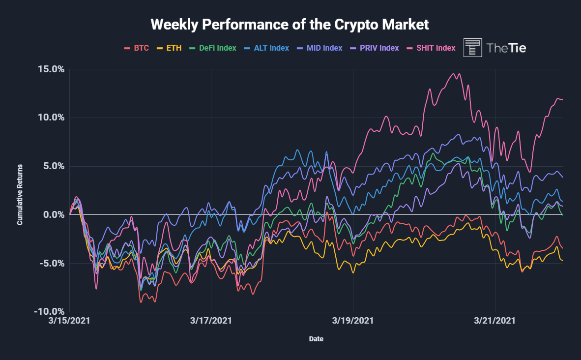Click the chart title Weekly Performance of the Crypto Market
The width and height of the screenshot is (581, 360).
pyautogui.click(x=290, y=24)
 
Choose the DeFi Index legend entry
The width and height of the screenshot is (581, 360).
pyautogui.click(x=212, y=48)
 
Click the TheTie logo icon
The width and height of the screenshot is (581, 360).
pyautogui.click(x=472, y=48)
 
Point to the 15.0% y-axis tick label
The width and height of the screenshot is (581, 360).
pyautogui.click(x=51, y=69)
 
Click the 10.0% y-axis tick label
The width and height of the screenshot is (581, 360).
pyautogui.click(x=51, y=118)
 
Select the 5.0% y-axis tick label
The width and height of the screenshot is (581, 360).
pyautogui.click(x=53, y=166)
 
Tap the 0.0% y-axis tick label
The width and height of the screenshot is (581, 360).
pyautogui.click(x=53, y=214)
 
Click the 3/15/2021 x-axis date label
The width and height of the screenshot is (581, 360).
pyautogui.click(x=70, y=321)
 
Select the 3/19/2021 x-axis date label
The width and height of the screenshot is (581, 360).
pyautogui.click(x=353, y=321)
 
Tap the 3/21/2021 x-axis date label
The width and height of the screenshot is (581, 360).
pyautogui.click(x=494, y=321)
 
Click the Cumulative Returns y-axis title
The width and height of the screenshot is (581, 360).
pyautogui.click(x=20, y=195)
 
